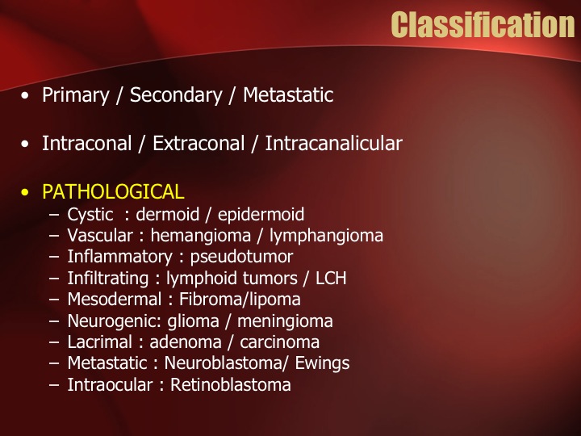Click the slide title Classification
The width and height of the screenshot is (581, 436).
[483, 24]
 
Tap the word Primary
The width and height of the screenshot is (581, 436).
[76, 95]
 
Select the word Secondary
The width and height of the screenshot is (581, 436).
[176, 95]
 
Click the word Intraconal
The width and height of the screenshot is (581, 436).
[86, 144]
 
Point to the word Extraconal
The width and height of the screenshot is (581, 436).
[199, 144]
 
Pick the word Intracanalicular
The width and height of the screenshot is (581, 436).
[334, 144]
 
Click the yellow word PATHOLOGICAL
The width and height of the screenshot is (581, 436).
[113, 191]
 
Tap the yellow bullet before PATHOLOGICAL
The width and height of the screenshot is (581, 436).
[25, 192]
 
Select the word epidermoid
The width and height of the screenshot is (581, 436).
[261, 215]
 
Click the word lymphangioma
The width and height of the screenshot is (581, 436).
[326, 236]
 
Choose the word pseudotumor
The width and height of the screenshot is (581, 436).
[241, 257]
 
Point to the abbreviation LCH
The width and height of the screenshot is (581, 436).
[331, 278]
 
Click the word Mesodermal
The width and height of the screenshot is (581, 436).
[115, 300]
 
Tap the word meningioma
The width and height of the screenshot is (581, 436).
[285, 321]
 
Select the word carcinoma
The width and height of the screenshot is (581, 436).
[279, 342]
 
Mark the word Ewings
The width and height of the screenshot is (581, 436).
[322, 363]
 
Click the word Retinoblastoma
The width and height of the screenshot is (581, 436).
[231, 384]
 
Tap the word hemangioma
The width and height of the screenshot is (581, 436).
[200, 236]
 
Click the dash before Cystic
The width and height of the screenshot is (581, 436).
[54, 215]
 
